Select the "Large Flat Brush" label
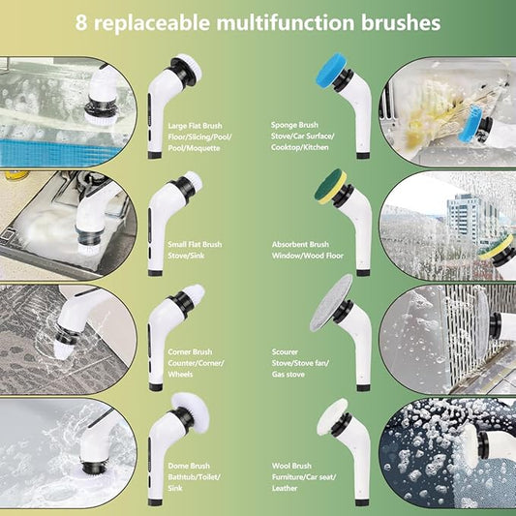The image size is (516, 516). point(195,126)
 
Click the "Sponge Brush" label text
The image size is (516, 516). point(296,126)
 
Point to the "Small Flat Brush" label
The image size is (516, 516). point(195,245)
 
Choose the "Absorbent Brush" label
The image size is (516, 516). point(301,245)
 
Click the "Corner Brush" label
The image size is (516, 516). point(190,352)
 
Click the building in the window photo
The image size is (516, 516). point(463,218)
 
